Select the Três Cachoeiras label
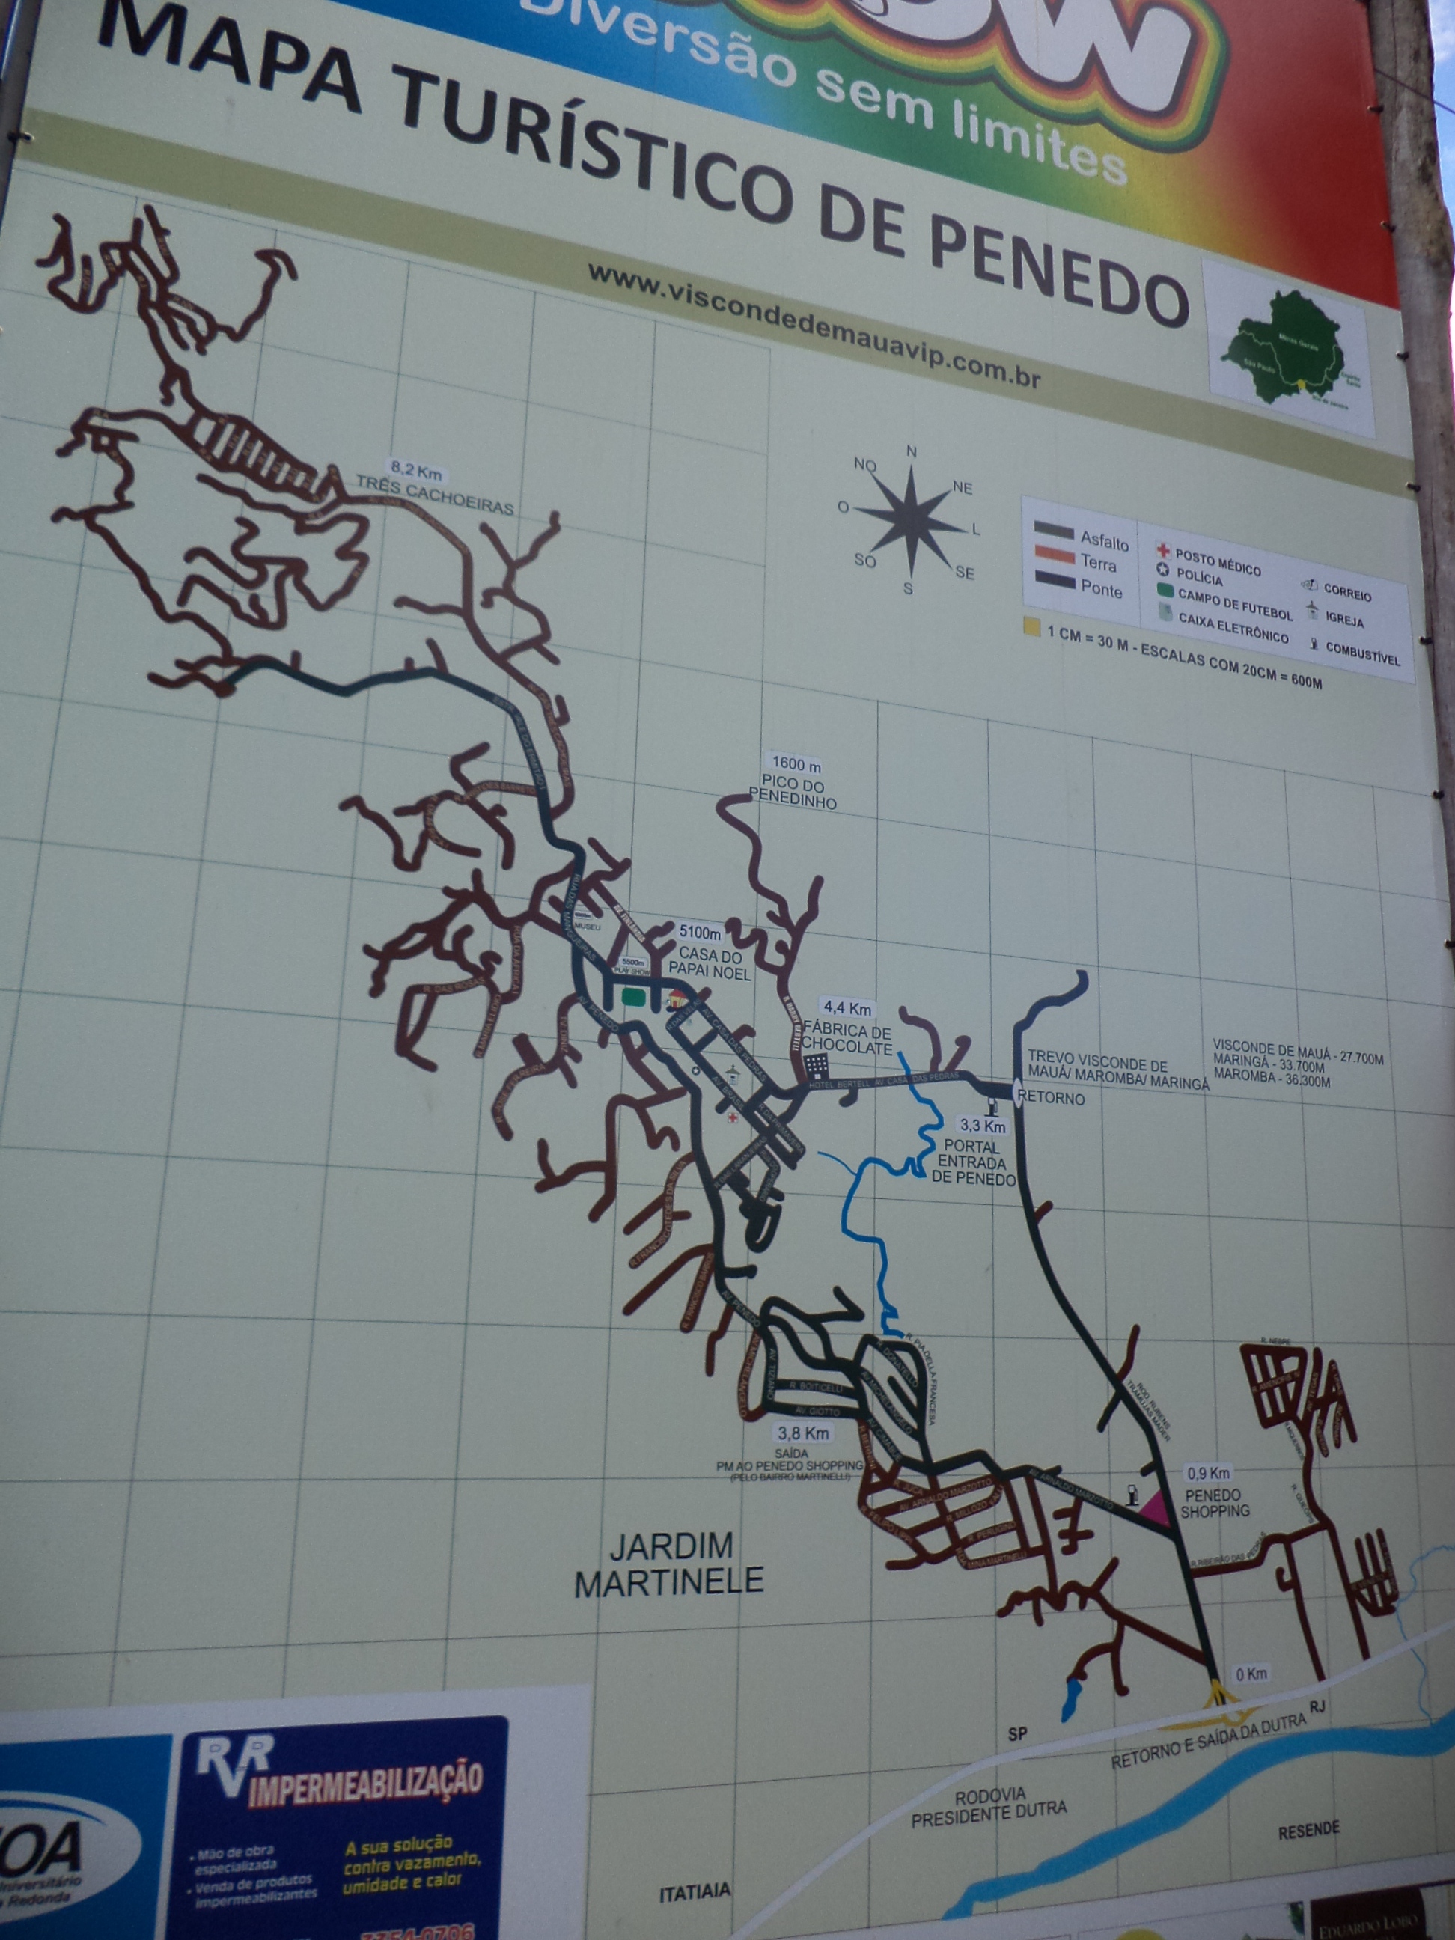click(434, 495)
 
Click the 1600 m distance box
click(796, 764)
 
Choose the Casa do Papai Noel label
click(710, 963)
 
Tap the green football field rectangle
click(633, 996)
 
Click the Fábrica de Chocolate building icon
click(816, 1066)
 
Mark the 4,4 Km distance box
click(847, 1009)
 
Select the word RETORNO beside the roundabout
click(1051, 1098)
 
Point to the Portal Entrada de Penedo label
click(973, 1162)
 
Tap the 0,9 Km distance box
click(1208, 1474)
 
